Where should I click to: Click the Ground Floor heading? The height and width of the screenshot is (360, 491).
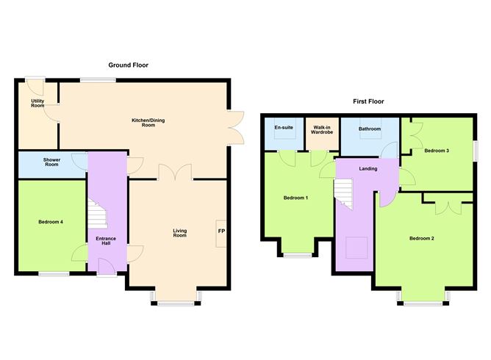(129, 65)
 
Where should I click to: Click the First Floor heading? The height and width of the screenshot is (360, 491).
(368, 101)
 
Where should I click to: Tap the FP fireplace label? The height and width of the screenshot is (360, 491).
(221, 231)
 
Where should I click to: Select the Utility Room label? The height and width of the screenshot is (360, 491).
(37, 104)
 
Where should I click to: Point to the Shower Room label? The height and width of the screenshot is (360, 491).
(51, 162)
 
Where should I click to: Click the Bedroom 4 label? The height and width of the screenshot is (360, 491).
(51, 222)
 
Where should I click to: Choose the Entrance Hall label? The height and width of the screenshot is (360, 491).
(106, 241)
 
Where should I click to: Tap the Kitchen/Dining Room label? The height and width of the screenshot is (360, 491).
(148, 123)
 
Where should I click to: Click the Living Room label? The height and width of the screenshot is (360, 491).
(180, 233)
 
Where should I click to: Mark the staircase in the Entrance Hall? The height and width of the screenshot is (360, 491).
(97, 213)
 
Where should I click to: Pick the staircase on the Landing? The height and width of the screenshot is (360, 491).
(343, 194)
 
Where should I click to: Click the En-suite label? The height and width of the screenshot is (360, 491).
(284, 128)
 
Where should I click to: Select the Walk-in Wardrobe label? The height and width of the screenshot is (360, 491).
(322, 130)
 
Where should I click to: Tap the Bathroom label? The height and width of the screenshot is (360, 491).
(370, 129)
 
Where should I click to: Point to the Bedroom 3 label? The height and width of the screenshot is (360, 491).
(437, 151)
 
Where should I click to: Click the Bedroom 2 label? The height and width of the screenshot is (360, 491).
(422, 239)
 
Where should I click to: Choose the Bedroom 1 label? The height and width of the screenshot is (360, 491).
(296, 198)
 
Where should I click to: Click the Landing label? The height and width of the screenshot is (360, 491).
(368, 169)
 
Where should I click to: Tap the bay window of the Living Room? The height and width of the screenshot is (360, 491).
(176, 303)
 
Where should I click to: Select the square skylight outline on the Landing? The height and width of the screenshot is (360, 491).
(356, 248)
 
